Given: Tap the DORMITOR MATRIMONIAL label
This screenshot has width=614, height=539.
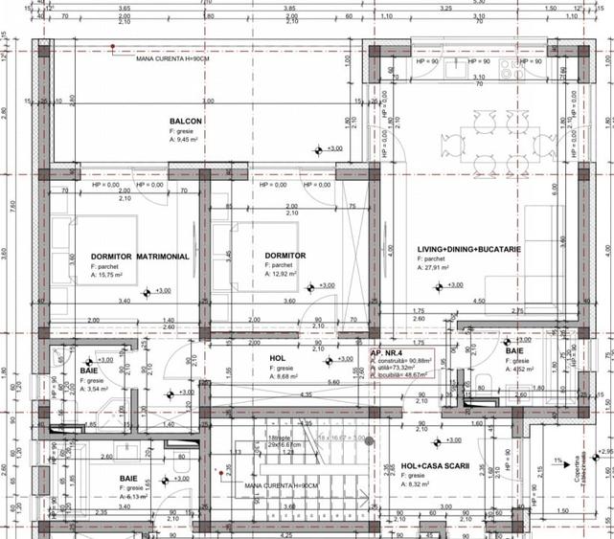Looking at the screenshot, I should tap(140, 257).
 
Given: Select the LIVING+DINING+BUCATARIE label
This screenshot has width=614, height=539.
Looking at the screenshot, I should tap(468, 250).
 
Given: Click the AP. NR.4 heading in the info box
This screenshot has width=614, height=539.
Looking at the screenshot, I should tap(388, 352).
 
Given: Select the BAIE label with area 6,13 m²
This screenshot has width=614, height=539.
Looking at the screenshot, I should tap(128, 477).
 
